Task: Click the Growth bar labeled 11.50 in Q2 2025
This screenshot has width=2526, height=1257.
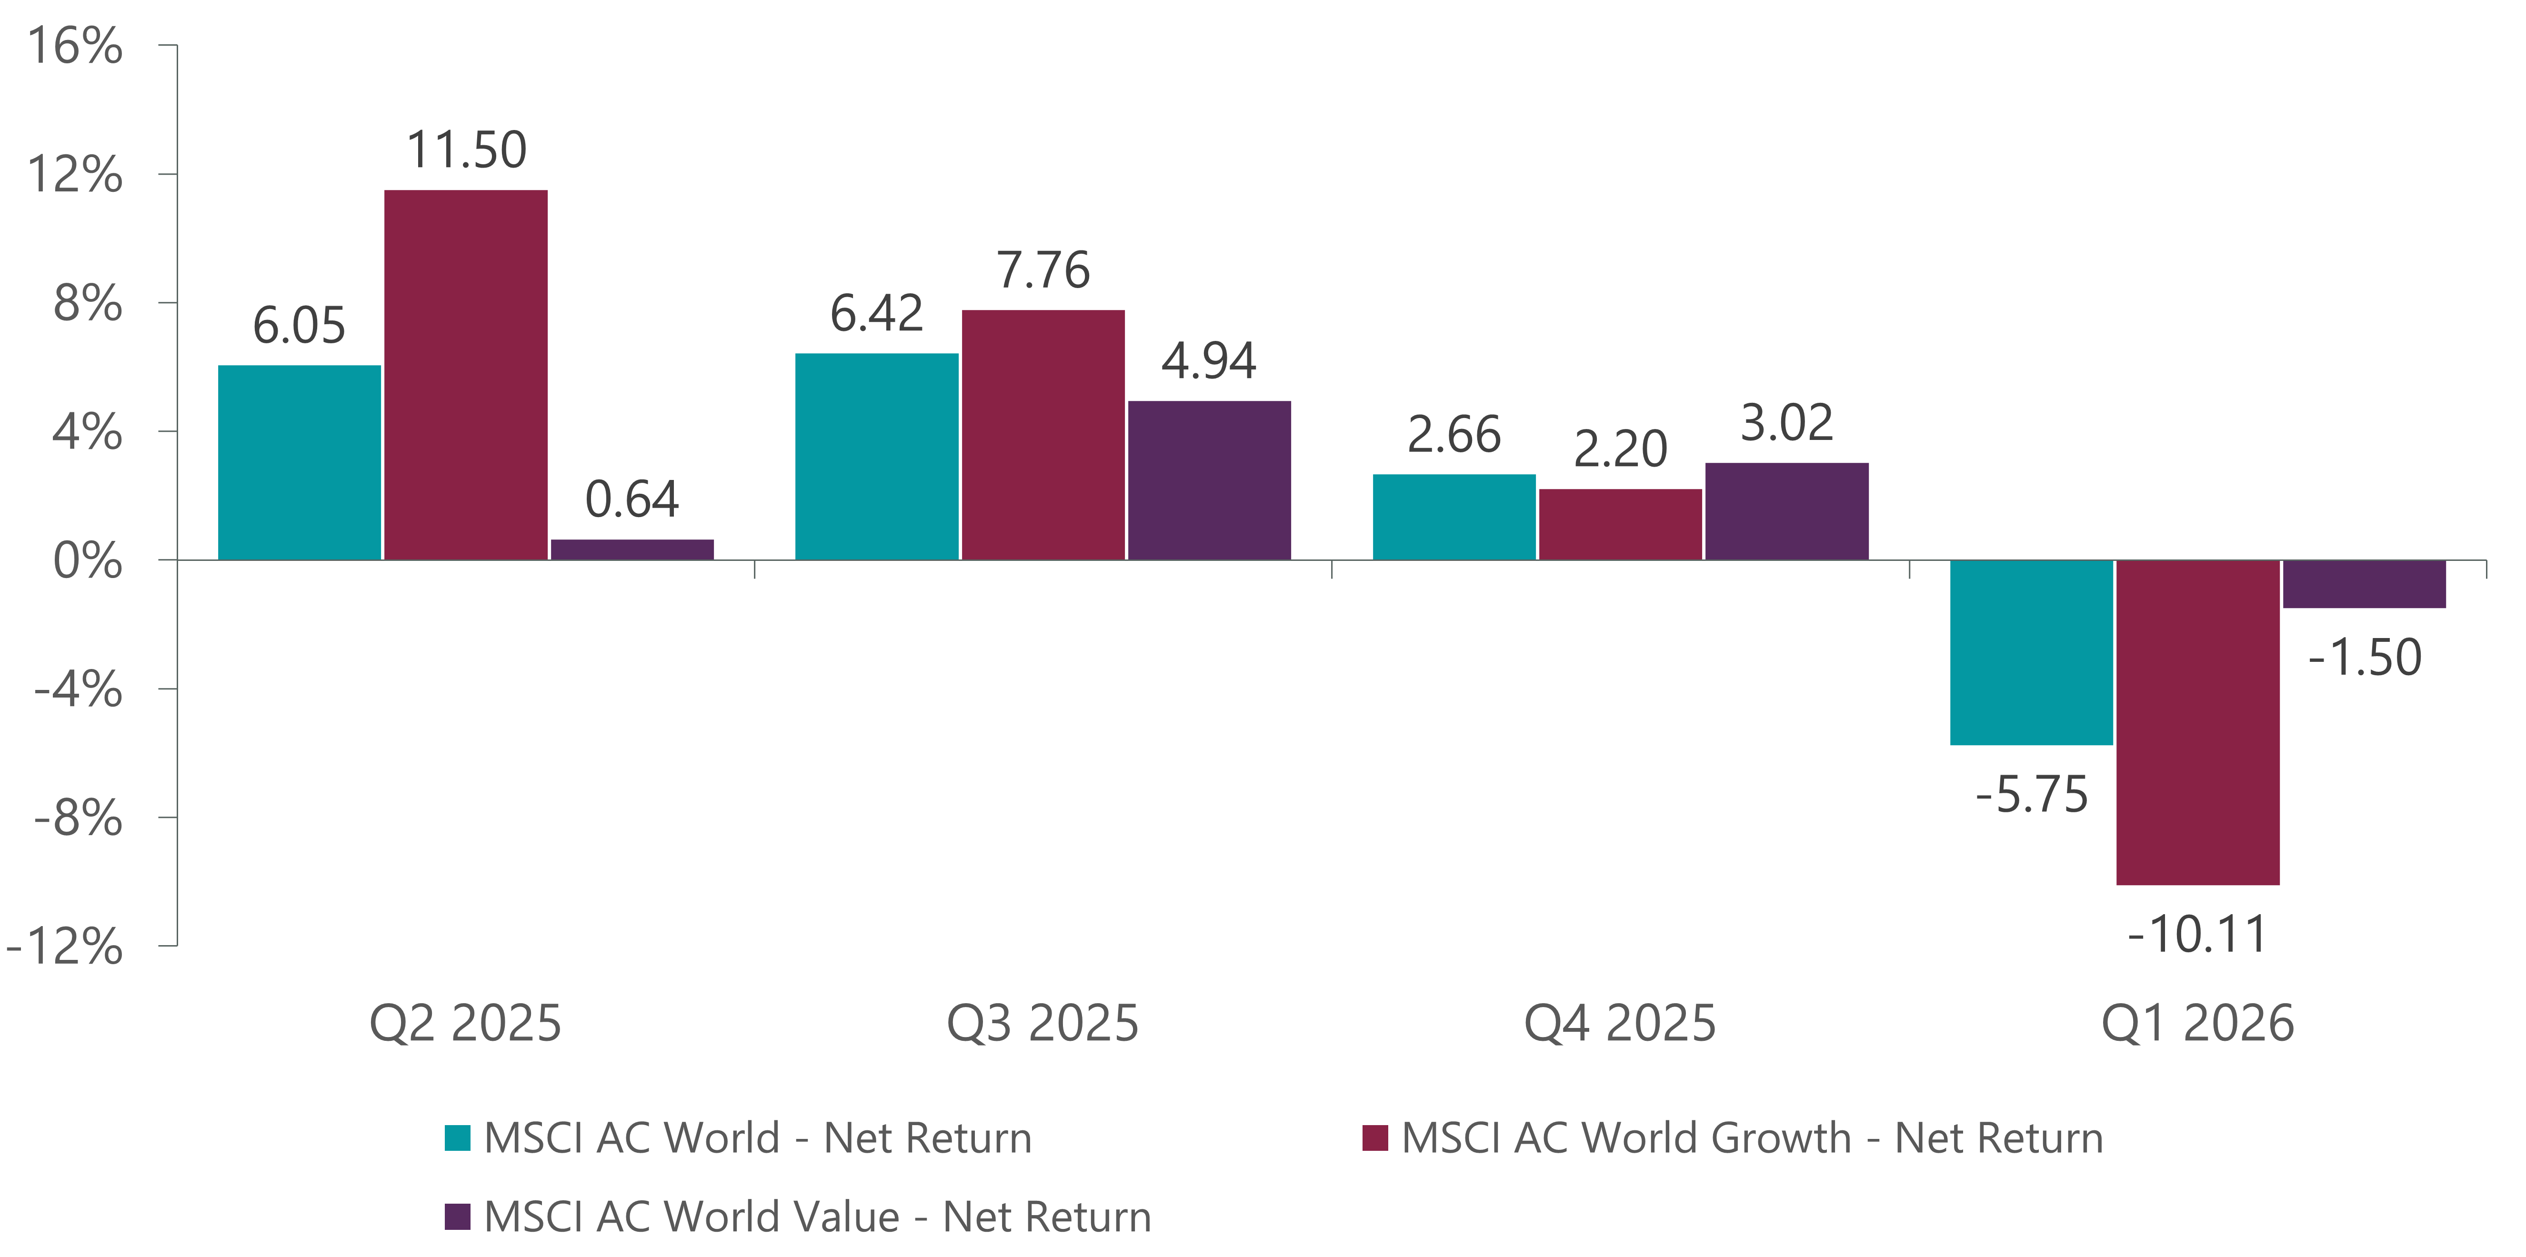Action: coord(466,375)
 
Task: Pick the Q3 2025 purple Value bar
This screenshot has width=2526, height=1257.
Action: coord(1209,480)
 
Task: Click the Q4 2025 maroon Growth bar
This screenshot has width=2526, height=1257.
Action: coord(1620,525)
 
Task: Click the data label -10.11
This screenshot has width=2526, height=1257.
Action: coord(2197,934)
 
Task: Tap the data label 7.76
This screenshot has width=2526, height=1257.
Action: coord(1043,270)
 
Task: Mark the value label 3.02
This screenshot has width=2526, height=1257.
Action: coord(1787,424)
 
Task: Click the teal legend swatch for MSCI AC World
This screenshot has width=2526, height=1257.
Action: coord(457,1137)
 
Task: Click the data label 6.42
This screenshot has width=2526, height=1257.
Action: coord(877,314)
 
